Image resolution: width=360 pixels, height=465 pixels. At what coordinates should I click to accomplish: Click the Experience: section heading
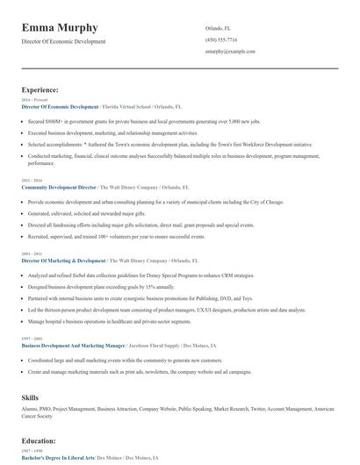click(40, 89)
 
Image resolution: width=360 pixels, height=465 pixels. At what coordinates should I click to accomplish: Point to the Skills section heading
click(30, 397)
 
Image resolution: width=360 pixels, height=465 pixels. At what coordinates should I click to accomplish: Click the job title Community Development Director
click(59, 188)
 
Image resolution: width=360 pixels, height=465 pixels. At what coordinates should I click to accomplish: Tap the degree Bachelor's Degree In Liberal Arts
click(58, 458)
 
